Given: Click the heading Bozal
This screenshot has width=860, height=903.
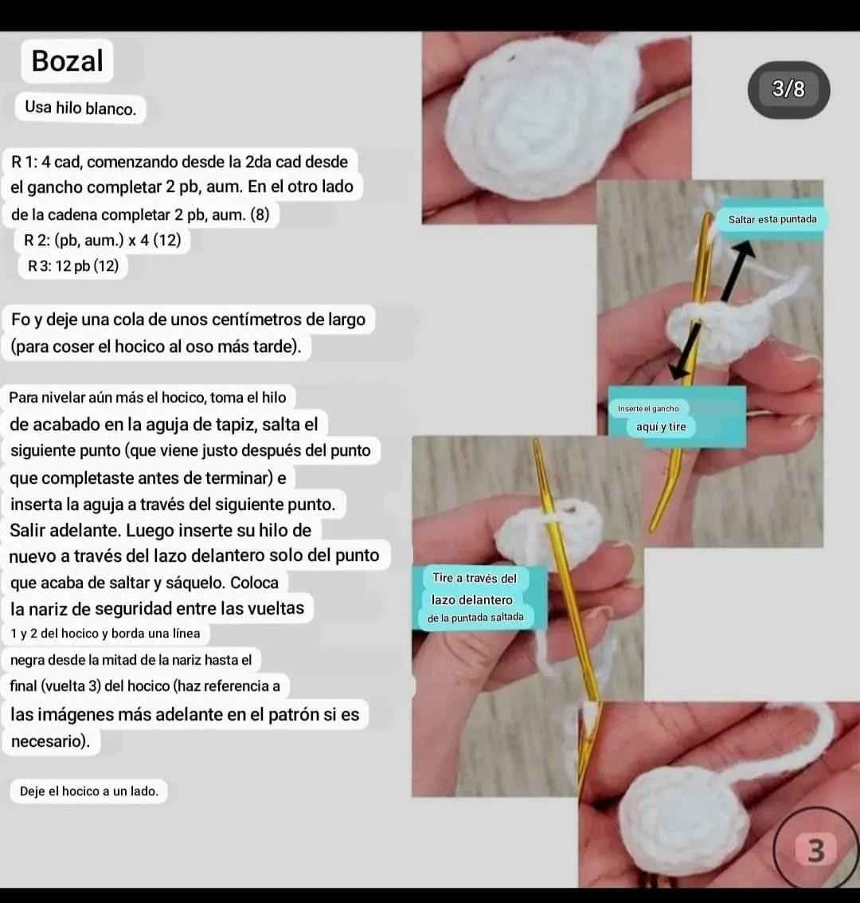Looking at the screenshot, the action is tap(68, 61).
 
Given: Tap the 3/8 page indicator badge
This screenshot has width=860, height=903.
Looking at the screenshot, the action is tap(788, 89).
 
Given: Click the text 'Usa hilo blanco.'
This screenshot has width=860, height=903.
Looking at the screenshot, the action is tap(80, 108).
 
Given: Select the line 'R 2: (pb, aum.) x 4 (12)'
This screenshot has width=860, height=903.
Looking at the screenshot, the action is tap(103, 240).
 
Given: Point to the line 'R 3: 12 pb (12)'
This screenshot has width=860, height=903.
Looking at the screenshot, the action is tap(73, 266).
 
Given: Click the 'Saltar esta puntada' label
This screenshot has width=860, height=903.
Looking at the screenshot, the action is tap(772, 219).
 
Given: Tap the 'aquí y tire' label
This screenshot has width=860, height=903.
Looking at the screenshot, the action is tap(661, 426).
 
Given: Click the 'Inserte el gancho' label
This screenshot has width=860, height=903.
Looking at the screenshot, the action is tap(648, 408).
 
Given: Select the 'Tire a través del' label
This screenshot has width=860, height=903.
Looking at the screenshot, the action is tap(475, 578).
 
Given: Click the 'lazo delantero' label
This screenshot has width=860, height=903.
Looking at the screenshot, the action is tap(471, 599).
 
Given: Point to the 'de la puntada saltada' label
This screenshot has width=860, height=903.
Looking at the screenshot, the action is tap(475, 618).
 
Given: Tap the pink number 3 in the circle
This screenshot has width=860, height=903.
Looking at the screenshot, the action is tap(815, 850).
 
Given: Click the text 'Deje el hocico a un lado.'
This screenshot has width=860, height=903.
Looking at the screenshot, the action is tap(89, 791).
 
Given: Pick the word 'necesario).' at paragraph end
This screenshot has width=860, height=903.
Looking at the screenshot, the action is tap(51, 740).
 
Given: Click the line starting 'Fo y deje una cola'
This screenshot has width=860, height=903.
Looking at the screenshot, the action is tap(188, 320).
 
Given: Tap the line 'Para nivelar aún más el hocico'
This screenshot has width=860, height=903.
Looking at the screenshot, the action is tap(147, 398).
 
